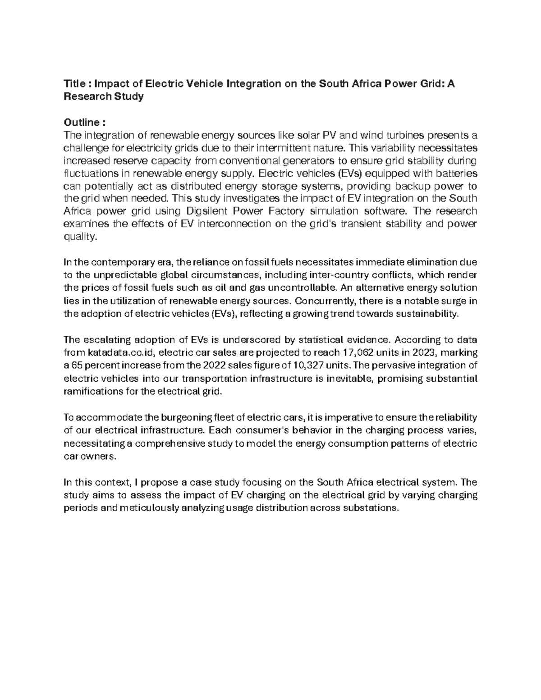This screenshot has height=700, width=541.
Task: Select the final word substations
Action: [371, 508]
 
